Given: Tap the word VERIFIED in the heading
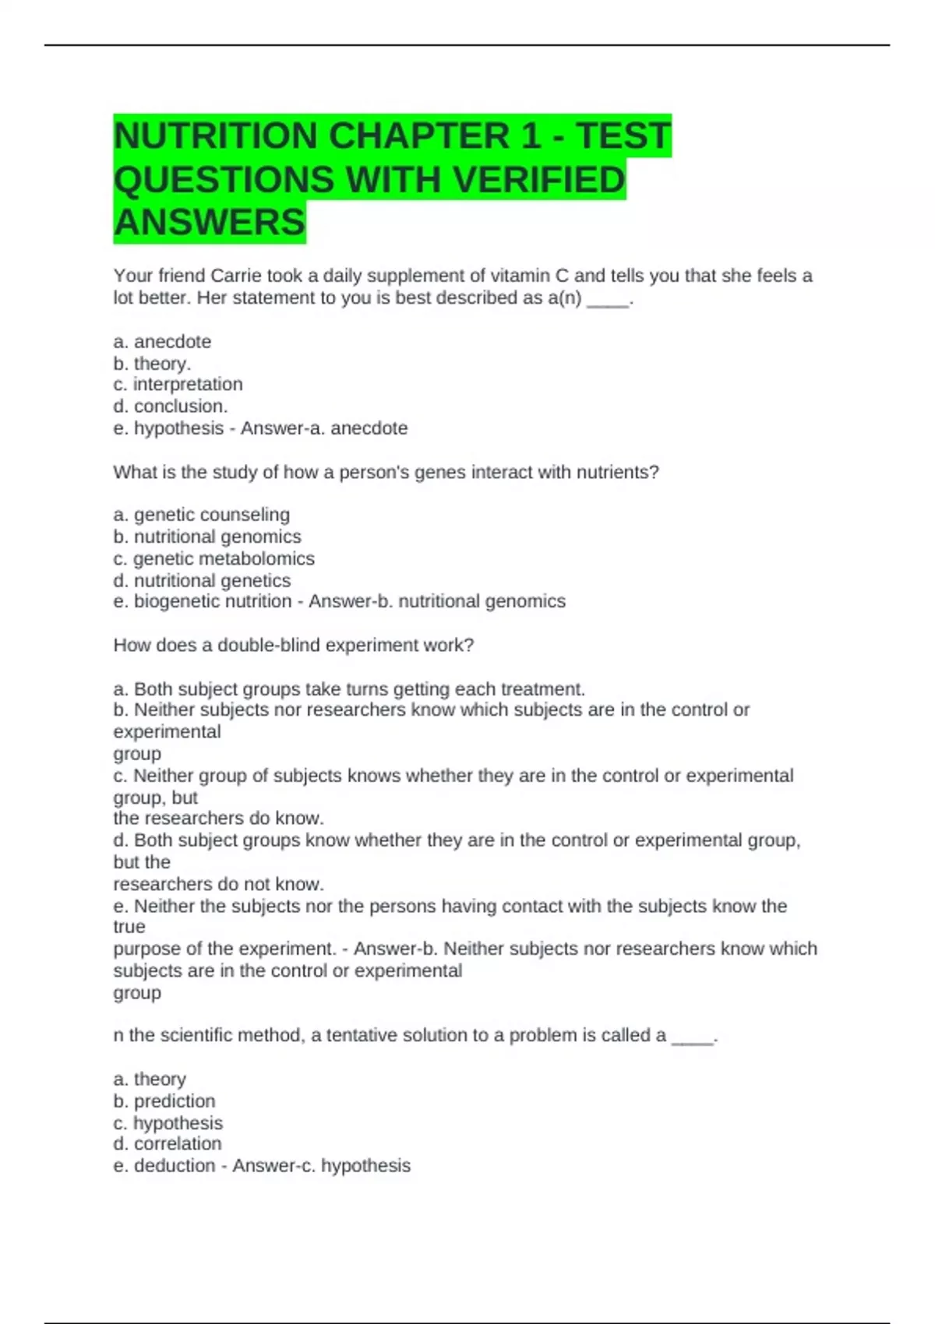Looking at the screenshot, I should tap(538, 179).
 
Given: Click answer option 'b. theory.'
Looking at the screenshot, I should tap(152, 364).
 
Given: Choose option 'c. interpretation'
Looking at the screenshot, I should tap(178, 385).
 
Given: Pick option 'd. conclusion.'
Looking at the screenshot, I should tap(171, 407).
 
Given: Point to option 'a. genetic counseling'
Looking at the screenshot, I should tap(201, 515).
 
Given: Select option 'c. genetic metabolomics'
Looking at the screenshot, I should tap(213, 558).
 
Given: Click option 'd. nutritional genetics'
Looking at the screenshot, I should tap(202, 580).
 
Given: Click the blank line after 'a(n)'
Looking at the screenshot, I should tap(607, 299).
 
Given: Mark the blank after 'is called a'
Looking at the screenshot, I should tap(693, 1037).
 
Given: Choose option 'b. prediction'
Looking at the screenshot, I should tap(164, 1101).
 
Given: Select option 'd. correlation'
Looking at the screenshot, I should tap(168, 1144).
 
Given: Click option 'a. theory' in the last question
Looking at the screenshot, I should tap(150, 1079).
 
